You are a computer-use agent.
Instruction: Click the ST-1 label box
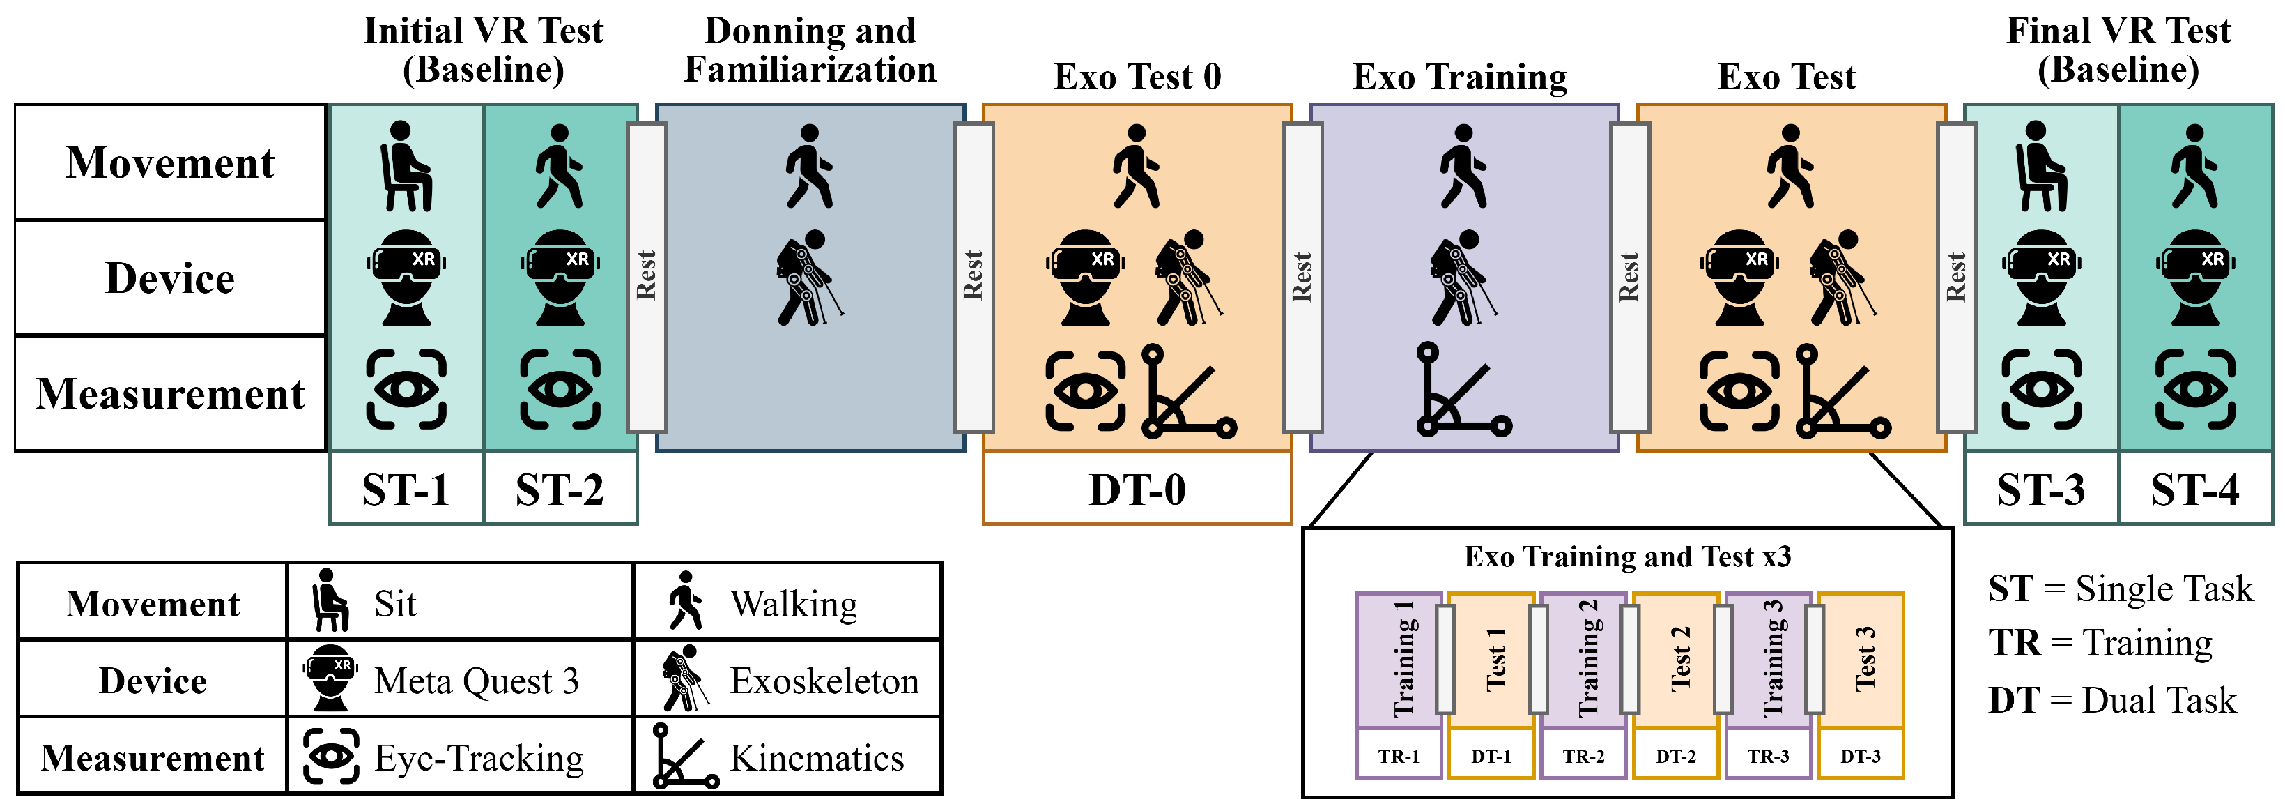[406, 488]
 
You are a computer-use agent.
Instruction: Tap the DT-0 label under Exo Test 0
[1137, 488]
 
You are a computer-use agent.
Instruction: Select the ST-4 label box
[2194, 488]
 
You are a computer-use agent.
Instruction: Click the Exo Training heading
[1459, 77]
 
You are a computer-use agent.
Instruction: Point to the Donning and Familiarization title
[810, 50]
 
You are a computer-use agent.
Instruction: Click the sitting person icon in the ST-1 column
[406, 166]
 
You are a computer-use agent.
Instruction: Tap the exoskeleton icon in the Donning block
[809, 278]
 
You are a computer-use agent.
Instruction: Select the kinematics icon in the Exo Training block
[1463, 390]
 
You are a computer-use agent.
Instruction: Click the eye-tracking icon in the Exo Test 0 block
[1085, 391]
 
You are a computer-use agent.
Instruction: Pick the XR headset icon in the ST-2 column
[560, 278]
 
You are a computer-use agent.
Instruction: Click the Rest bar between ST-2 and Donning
[647, 277]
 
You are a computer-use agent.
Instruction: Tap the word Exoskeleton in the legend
[824, 681]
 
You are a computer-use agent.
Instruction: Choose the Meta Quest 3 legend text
[477, 681]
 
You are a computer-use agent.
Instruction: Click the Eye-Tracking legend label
[479, 758]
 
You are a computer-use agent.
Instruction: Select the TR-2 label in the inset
[1583, 756]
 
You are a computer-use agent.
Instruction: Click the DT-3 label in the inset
[1860, 756]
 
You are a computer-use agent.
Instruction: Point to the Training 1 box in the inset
[1399, 661]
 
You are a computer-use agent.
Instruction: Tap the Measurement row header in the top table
[170, 393]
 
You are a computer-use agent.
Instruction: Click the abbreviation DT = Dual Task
[2112, 700]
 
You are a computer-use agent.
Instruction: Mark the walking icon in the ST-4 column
[2194, 166]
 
